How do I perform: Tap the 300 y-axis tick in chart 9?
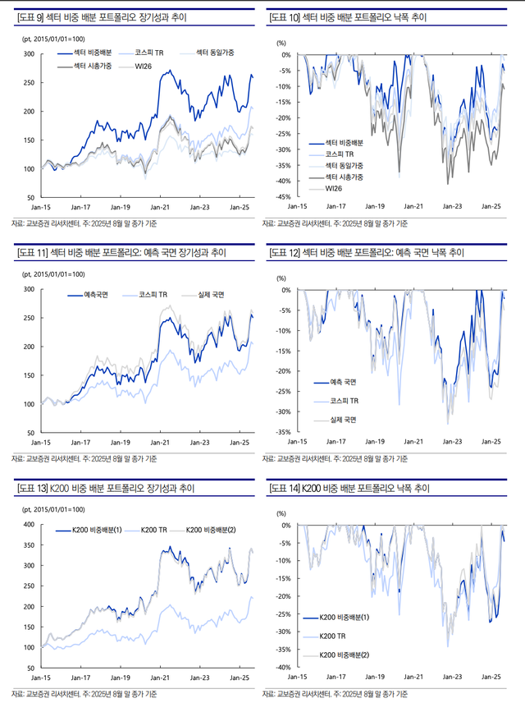[27, 54]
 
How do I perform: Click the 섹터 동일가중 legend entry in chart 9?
[216, 52]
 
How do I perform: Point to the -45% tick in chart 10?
[281, 197]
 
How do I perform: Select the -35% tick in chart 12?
[281, 432]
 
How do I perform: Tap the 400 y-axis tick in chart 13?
[27, 524]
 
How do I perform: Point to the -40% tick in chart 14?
[281, 668]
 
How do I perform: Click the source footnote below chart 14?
[336, 695]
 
